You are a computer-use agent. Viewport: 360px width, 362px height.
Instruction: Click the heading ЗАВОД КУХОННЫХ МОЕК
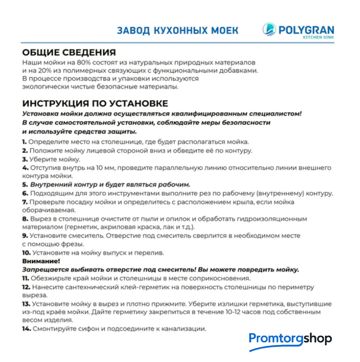click(177, 30)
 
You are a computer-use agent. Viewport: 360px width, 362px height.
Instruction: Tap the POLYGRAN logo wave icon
click(268, 28)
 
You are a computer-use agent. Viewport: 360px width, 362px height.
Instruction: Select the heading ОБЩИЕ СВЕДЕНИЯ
click(69, 52)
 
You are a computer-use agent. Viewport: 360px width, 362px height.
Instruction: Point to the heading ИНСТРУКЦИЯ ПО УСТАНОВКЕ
click(95, 103)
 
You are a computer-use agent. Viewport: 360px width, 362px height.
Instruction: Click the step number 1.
click(24, 141)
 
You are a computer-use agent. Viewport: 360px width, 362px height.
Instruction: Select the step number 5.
click(25, 184)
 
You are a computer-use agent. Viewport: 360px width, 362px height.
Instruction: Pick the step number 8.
click(25, 218)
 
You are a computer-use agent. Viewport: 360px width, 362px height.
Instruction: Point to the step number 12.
click(26, 287)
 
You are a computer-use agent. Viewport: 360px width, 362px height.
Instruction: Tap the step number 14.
click(26, 329)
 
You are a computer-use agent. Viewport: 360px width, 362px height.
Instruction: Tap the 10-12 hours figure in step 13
click(232, 312)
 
